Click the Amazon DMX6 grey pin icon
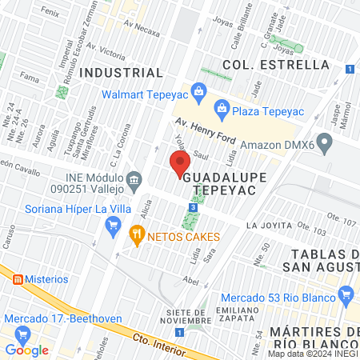point(324,145)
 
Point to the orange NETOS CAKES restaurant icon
point(136,234)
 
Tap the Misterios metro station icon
point(17,280)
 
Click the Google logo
point(27,350)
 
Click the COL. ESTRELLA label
point(275,63)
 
